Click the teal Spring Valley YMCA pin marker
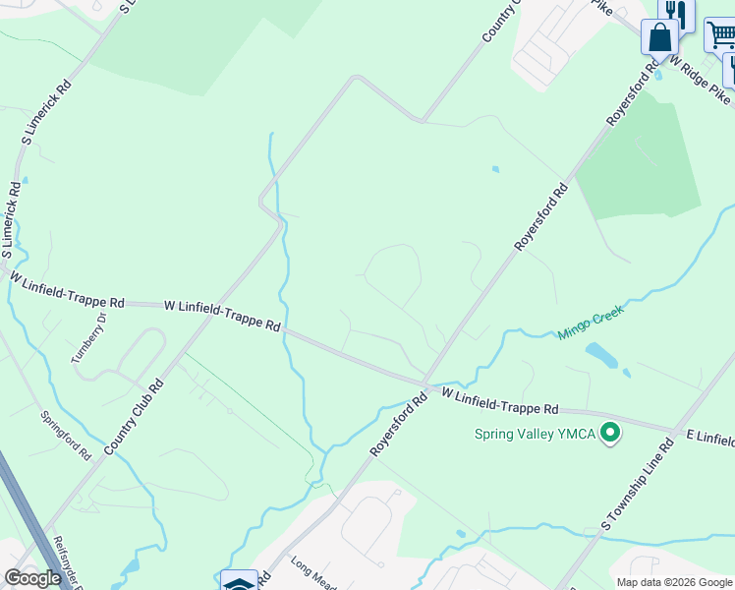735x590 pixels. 610,433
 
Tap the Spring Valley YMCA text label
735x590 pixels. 535,434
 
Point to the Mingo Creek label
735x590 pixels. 591,322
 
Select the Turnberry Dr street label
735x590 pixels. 88,338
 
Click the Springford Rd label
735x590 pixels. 66,436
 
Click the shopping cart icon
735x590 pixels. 720,34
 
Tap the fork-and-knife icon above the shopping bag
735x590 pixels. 675,11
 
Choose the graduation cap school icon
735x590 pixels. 239,582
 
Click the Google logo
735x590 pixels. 32,578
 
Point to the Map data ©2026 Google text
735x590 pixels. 674,582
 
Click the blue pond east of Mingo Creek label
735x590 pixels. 601,354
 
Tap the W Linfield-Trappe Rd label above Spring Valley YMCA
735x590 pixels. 499,401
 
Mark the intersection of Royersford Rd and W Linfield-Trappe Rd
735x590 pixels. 424,383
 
